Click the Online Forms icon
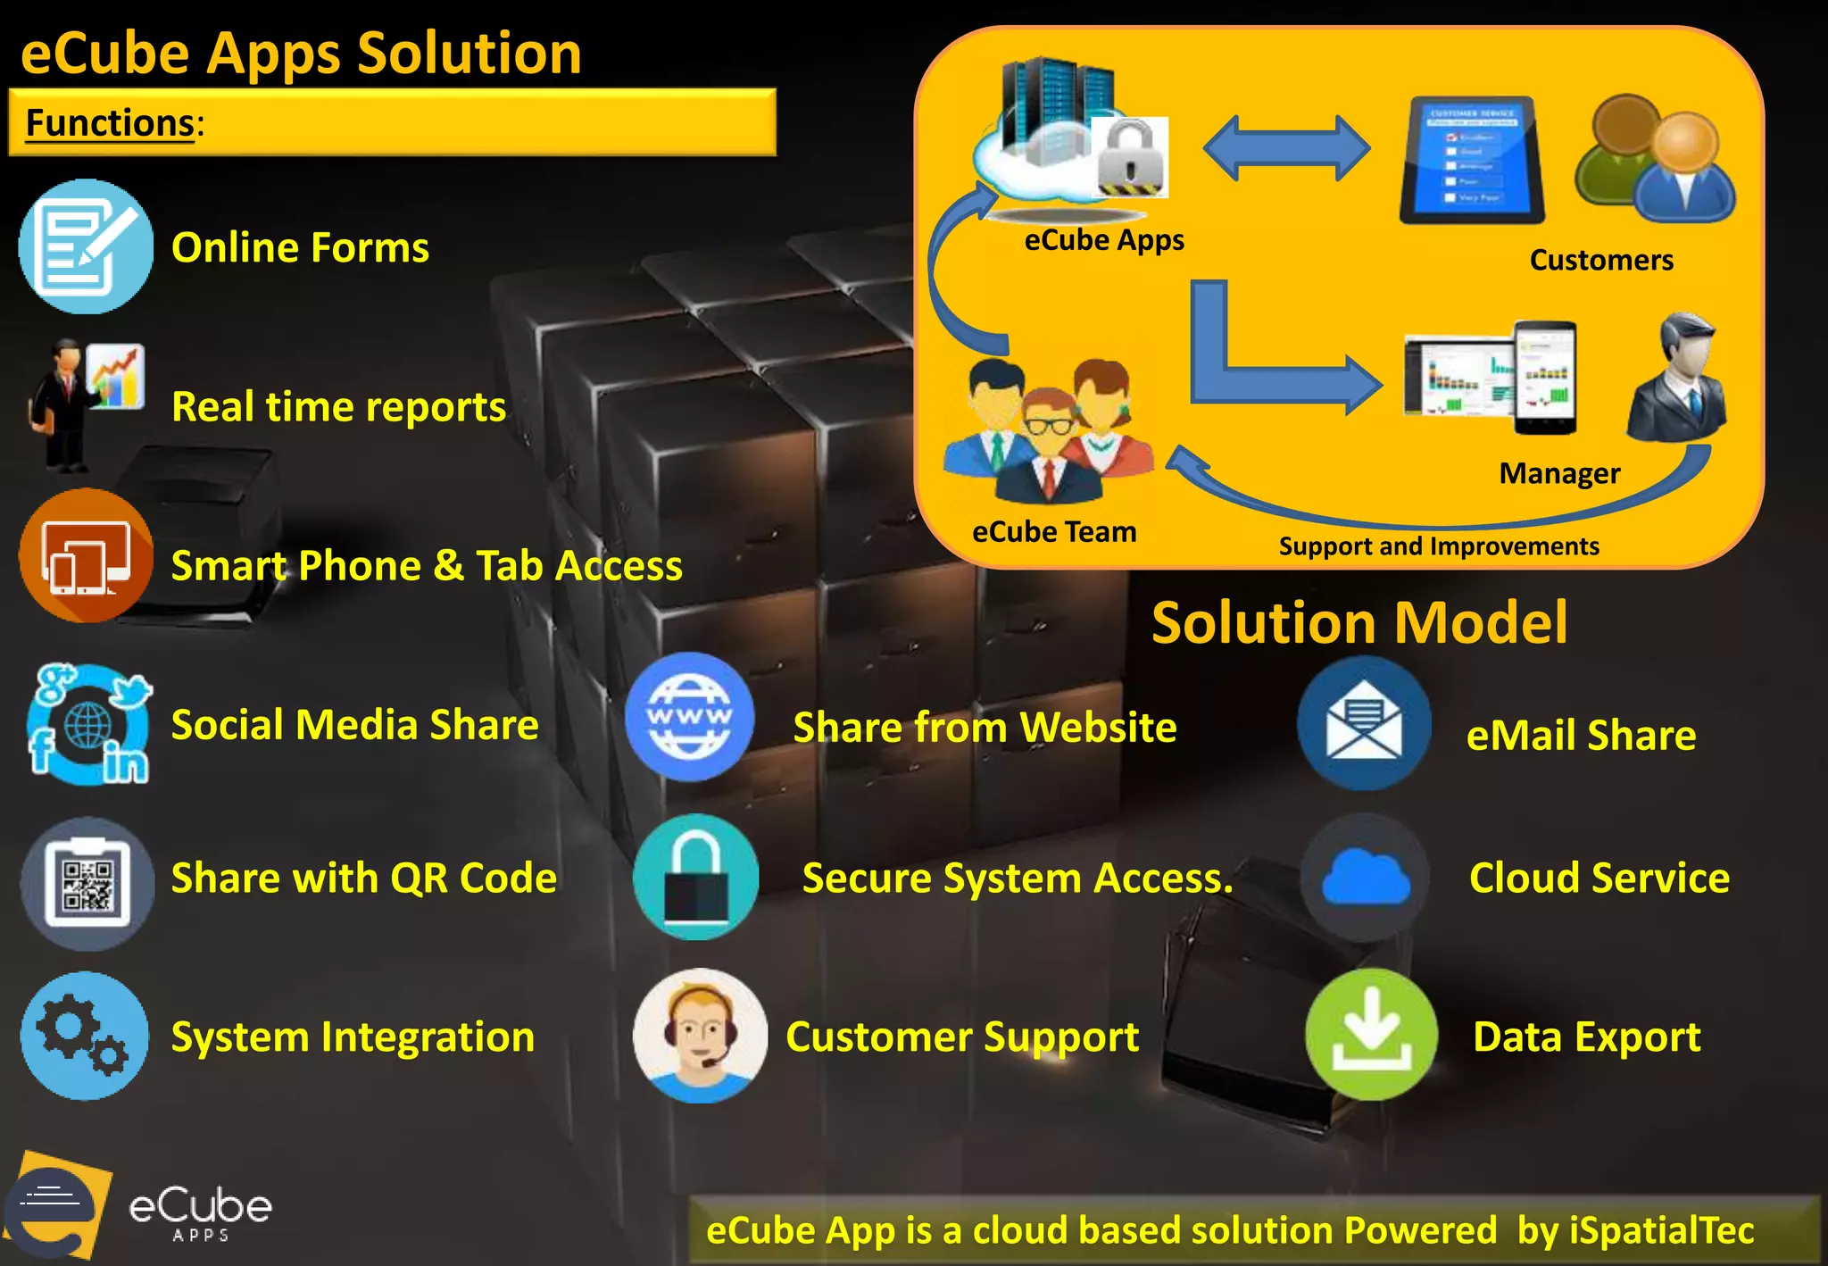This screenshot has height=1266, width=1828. tap(85, 246)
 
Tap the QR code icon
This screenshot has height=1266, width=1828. tap(87, 884)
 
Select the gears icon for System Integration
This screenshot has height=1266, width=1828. tap(85, 1037)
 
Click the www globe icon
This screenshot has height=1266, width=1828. tap(689, 716)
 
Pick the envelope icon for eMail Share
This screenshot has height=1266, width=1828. tap(1364, 723)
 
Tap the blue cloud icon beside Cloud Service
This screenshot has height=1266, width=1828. tap(1364, 878)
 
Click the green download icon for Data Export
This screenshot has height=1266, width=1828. tap(1371, 1034)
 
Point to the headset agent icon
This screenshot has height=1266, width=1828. tap(700, 1036)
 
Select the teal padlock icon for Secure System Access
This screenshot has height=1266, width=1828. tap(695, 877)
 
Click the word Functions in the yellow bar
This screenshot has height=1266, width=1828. tap(110, 122)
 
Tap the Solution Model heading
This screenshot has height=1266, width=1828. tap(1359, 622)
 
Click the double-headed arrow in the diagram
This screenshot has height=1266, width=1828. tap(1286, 147)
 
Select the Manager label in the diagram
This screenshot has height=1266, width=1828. tap(1558, 473)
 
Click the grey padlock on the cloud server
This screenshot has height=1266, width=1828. tap(1129, 157)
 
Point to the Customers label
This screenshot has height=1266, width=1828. tap(1600, 260)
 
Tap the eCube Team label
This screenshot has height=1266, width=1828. tap(1053, 532)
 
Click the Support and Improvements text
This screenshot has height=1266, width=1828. tap(1438, 546)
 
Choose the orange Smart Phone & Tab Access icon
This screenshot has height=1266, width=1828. tap(85, 555)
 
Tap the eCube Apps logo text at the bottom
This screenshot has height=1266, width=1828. tap(200, 1210)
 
